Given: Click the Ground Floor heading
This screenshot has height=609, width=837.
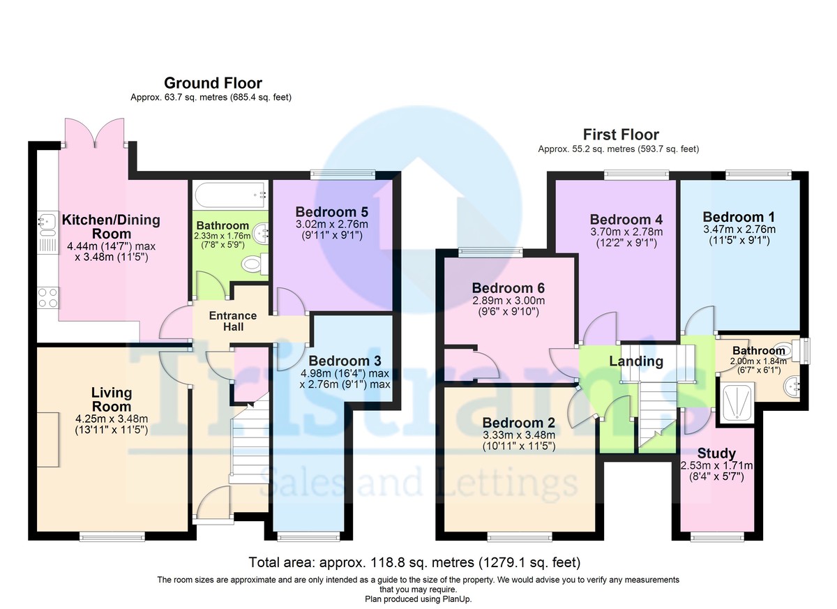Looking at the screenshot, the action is point(213,83).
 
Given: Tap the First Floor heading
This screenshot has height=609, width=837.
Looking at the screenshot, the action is point(621,135).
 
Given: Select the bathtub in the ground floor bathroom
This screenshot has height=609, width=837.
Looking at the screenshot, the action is point(232,195).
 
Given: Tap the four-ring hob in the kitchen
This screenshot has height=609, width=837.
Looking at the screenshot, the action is point(48,298).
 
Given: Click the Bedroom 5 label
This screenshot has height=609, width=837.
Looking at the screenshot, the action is point(332,212).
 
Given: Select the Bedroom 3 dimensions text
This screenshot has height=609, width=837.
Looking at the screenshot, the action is point(345,379).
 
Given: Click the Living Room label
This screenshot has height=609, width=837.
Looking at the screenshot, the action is point(112,400).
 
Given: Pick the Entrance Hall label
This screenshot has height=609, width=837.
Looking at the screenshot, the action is point(233,322).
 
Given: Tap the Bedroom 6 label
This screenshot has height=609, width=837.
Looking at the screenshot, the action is point(508,288).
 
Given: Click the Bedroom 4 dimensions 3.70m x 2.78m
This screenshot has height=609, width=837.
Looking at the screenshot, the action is point(626,232).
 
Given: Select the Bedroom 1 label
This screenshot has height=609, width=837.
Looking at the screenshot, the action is point(739,217).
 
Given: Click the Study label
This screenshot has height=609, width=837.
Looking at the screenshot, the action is point(716,453).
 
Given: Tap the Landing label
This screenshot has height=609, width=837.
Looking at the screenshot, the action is point(636,361).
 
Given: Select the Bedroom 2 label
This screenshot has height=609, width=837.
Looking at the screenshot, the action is point(519,423).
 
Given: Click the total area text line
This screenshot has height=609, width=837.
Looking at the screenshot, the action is point(414,562).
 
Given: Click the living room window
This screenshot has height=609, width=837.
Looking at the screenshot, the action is point(112,537).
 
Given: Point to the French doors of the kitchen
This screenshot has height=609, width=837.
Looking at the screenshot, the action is point(95,134).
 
